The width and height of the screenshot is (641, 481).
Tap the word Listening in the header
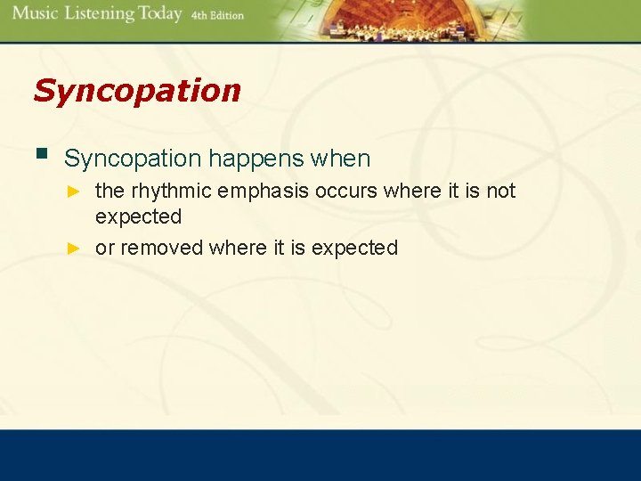coord(97,14)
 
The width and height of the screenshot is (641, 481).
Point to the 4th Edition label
coord(217,16)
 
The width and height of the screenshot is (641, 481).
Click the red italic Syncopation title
coord(136,90)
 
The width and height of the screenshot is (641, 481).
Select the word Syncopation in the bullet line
coord(134,159)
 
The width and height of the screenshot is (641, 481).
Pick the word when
coord(340,159)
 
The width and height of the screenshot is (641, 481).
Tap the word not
coord(499,192)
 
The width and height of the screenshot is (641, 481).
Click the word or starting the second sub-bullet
coord(104,249)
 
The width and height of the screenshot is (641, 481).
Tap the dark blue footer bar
coord(320,455)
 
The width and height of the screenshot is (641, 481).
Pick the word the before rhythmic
coord(110,192)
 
